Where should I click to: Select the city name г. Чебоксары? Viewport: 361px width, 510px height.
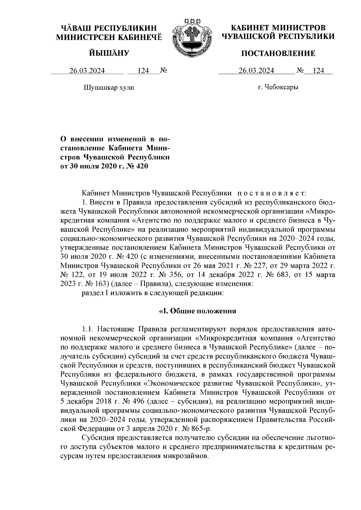pos(278,87)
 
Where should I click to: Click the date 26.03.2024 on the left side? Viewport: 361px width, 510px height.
pos(87,71)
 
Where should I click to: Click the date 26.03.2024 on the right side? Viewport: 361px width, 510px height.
pos(256,71)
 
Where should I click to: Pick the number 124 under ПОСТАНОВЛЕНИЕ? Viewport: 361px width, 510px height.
pos(318,71)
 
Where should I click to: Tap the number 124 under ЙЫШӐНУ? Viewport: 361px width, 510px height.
pos(143,71)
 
